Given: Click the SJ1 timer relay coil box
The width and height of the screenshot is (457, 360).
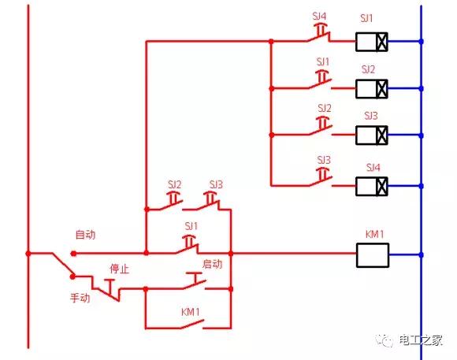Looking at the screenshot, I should pos(372,41).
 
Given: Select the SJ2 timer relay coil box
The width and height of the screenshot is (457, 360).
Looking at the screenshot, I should pos(372,87).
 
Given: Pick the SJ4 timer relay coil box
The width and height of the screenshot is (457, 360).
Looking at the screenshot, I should pos(372,186).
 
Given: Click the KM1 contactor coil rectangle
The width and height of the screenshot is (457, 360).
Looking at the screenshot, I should pos(372,254).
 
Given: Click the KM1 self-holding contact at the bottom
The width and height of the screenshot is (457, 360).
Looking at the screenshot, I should pos(192,322).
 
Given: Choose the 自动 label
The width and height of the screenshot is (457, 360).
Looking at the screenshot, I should pos(86,235).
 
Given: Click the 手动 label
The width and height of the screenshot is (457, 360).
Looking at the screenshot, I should pos(80,299).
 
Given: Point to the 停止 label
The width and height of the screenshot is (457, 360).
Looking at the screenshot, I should pos(120,269).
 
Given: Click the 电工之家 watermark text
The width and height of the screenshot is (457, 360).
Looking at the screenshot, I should pos(421,340).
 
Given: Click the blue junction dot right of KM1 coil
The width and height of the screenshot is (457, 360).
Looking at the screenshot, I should pos(422,254).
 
